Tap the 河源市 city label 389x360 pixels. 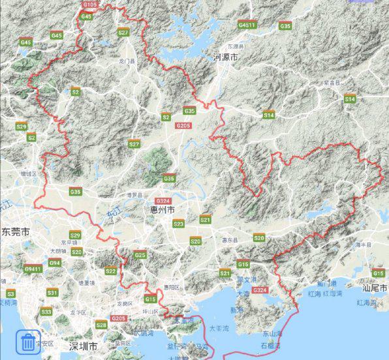tap(226, 58)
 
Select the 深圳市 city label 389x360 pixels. tap(84, 345)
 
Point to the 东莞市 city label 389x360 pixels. tap(15, 232)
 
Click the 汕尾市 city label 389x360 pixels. tap(375, 288)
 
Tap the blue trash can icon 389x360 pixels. tap(28, 341)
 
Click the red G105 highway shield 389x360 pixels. tap(90, 5)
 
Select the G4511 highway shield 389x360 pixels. tap(247, 25)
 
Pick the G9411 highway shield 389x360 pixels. tap(33, 268)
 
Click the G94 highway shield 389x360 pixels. tap(55, 263)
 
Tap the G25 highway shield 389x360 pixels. tap(140, 255)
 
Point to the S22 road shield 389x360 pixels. tap(111, 271)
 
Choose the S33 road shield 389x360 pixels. tap(46, 312)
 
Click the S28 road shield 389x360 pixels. tap(101, 324)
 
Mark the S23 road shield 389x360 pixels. tap(178, 224)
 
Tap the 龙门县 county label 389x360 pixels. tap(127, 61)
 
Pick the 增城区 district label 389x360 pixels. tap(29, 174)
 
